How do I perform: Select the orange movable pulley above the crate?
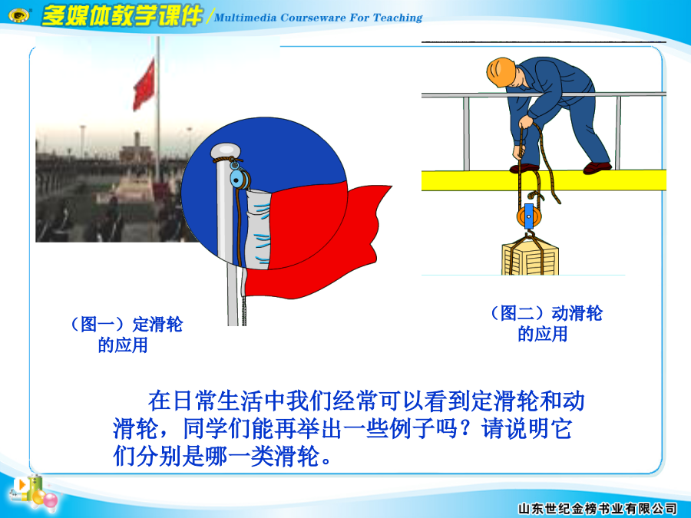(x=527, y=216)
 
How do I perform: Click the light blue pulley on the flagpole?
(x=237, y=178)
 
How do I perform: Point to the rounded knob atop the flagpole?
(x=225, y=152)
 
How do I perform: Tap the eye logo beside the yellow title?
(x=19, y=16)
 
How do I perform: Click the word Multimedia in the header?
(x=245, y=18)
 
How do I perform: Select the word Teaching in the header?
(x=398, y=18)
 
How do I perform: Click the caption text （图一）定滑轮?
(x=127, y=325)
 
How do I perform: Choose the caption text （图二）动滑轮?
(x=547, y=313)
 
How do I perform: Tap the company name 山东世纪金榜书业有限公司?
(x=597, y=508)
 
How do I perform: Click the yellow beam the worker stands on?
(x=544, y=180)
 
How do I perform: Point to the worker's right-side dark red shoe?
(x=597, y=168)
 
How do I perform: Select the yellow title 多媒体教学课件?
(x=121, y=16)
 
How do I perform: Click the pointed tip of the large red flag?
(x=392, y=186)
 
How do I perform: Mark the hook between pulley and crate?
(x=528, y=234)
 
